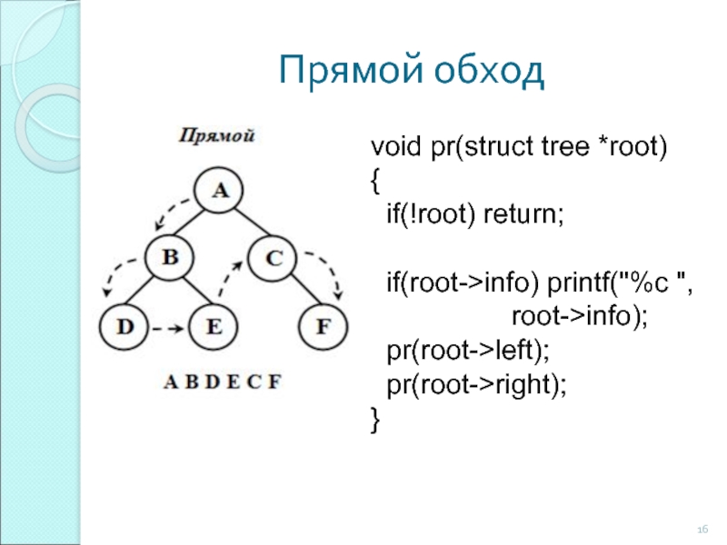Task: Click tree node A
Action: tap(218, 190)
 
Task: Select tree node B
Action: tap(169, 257)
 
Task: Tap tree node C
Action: tap(273, 258)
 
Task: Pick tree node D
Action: tap(124, 326)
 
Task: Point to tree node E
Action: tap(214, 326)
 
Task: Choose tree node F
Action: tap(324, 326)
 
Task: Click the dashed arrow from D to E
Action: tap(168, 329)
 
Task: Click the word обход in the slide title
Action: tap(490, 71)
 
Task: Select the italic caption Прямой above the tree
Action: tap(217, 135)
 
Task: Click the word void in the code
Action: tap(396, 146)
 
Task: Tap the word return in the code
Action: tap(523, 214)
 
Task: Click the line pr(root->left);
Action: tap(468, 351)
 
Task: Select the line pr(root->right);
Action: tap(476, 384)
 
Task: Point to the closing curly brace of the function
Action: tap(375, 419)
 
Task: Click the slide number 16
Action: tap(702, 530)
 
